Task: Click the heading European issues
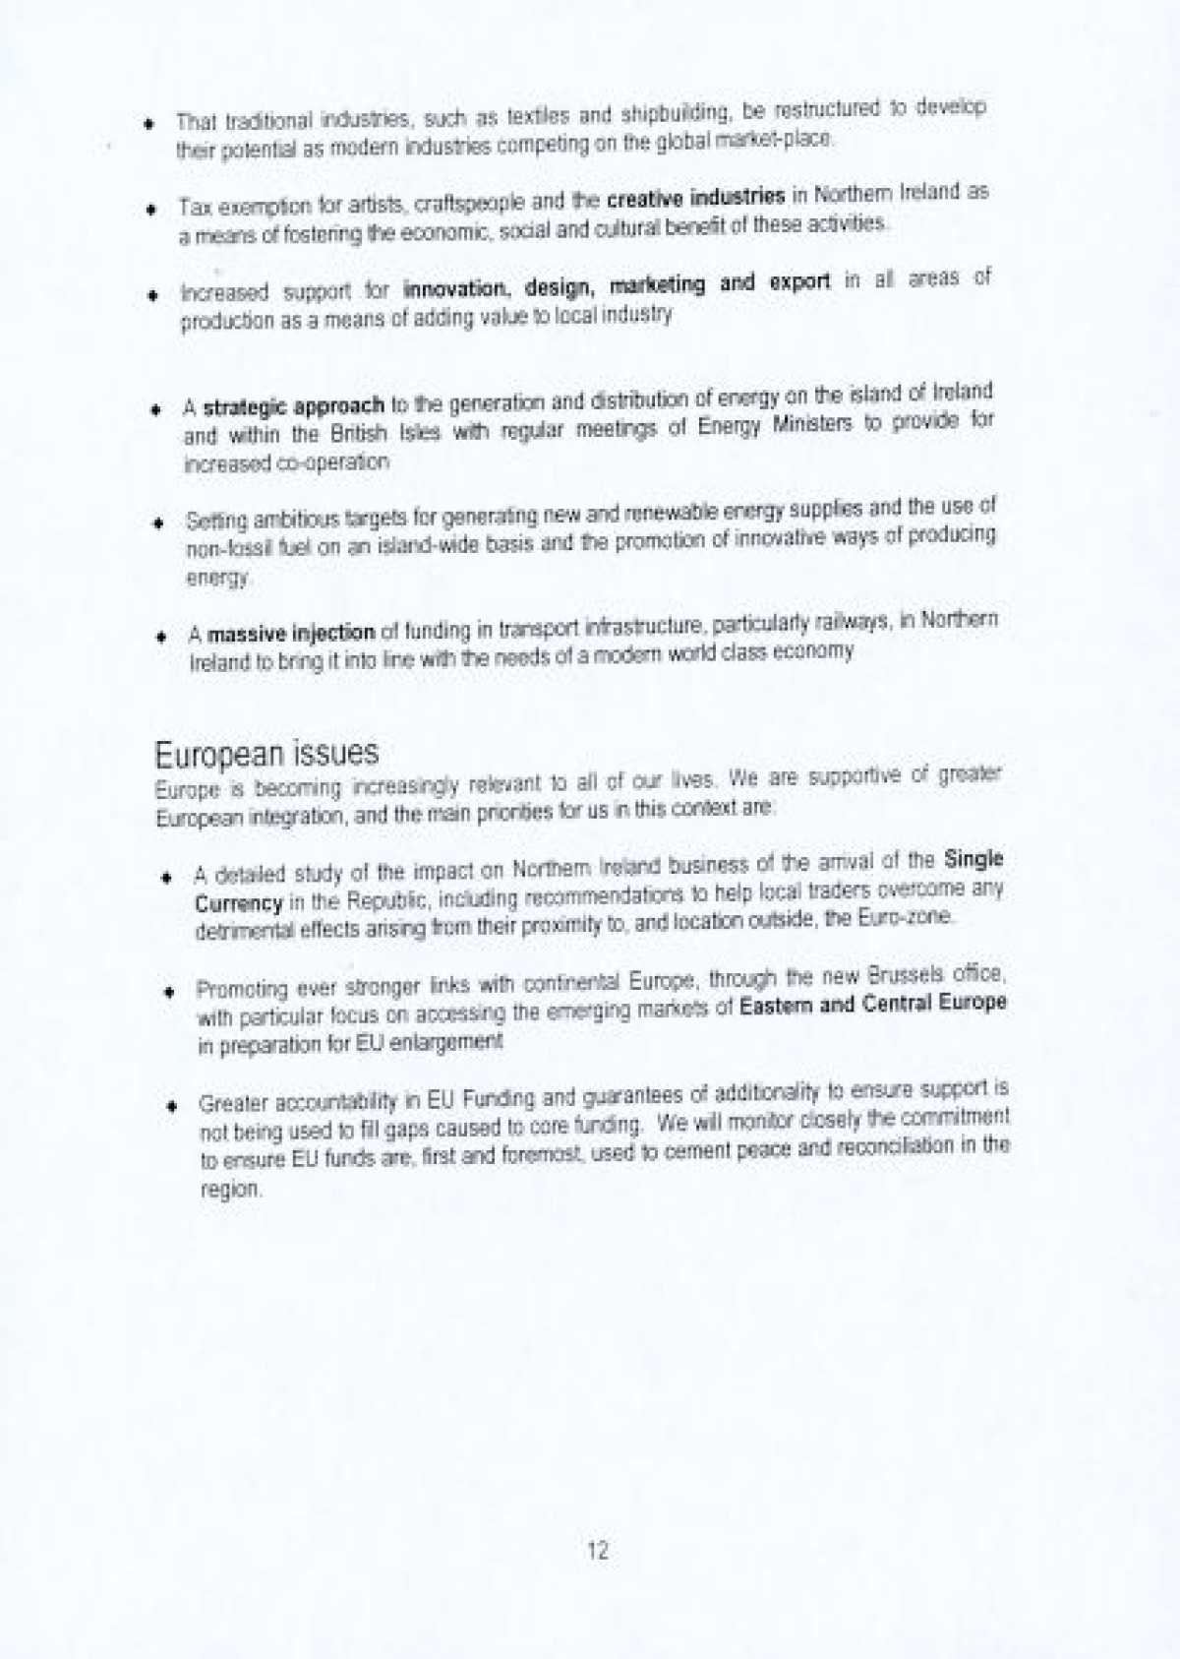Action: point(266,754)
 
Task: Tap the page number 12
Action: point(597,1551)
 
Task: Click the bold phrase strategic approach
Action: point(293,406)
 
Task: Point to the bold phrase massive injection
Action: point(291,633)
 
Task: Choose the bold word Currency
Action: point(239,903)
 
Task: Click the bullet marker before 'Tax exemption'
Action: point(150,210)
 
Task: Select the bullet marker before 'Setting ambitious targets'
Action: point(157,522)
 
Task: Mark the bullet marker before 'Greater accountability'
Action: point(171,1105)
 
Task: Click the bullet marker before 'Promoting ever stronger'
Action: point(169,990)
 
